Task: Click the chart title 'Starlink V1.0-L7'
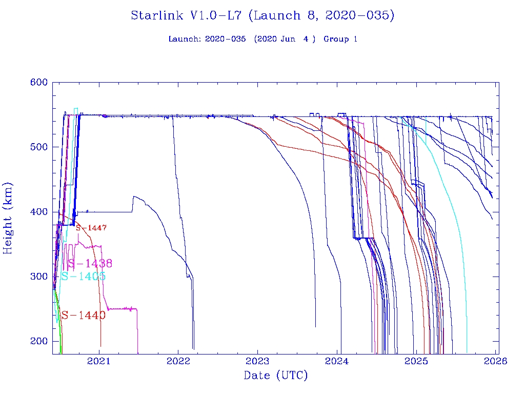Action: pos(262,15)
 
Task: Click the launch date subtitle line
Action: pos(262,39)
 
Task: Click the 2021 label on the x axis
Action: pos(98,361)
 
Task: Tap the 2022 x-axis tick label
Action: pos(178,361)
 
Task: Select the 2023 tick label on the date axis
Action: pos(257,361)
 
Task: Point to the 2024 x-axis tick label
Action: pos(337,361)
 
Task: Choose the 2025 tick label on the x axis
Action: pos(416,361)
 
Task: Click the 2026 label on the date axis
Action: pos(496,361)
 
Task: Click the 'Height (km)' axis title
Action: pos(8,218)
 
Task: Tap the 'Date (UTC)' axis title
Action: pos(276,376)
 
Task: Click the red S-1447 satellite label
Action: pos(91,228)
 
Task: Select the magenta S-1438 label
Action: pos(90,264)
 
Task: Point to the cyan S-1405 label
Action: pos(83,277)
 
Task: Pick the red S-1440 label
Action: pos(83,315)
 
